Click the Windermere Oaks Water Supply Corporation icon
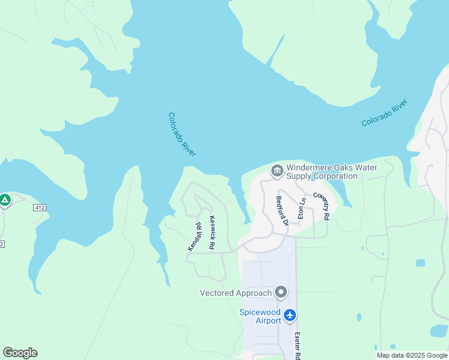click(x=277, y=172)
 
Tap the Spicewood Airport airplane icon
click(x=291, y=315)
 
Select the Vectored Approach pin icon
click(x=280, y=293)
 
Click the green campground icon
click(x=5, y=200)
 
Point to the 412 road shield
click(x=40, y=208)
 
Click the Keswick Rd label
click(x=211, y=233)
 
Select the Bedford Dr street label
click(x=282, y=211)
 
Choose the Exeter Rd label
click(x=297, y=345)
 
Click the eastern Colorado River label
click(x=385, y=113)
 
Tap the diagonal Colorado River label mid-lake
click(x=182, y=135)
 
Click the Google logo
click(x=20, y=353)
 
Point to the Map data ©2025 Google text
click(x=411, y=355)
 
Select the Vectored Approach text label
click(x=235, y=293)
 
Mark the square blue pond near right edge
click(x=420, y=263)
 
